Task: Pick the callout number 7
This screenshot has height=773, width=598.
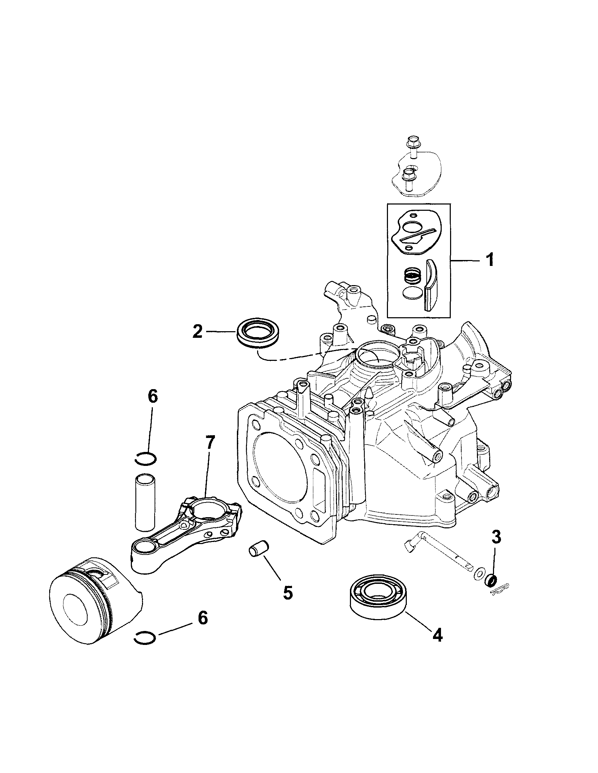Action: [x=209, y=443]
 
